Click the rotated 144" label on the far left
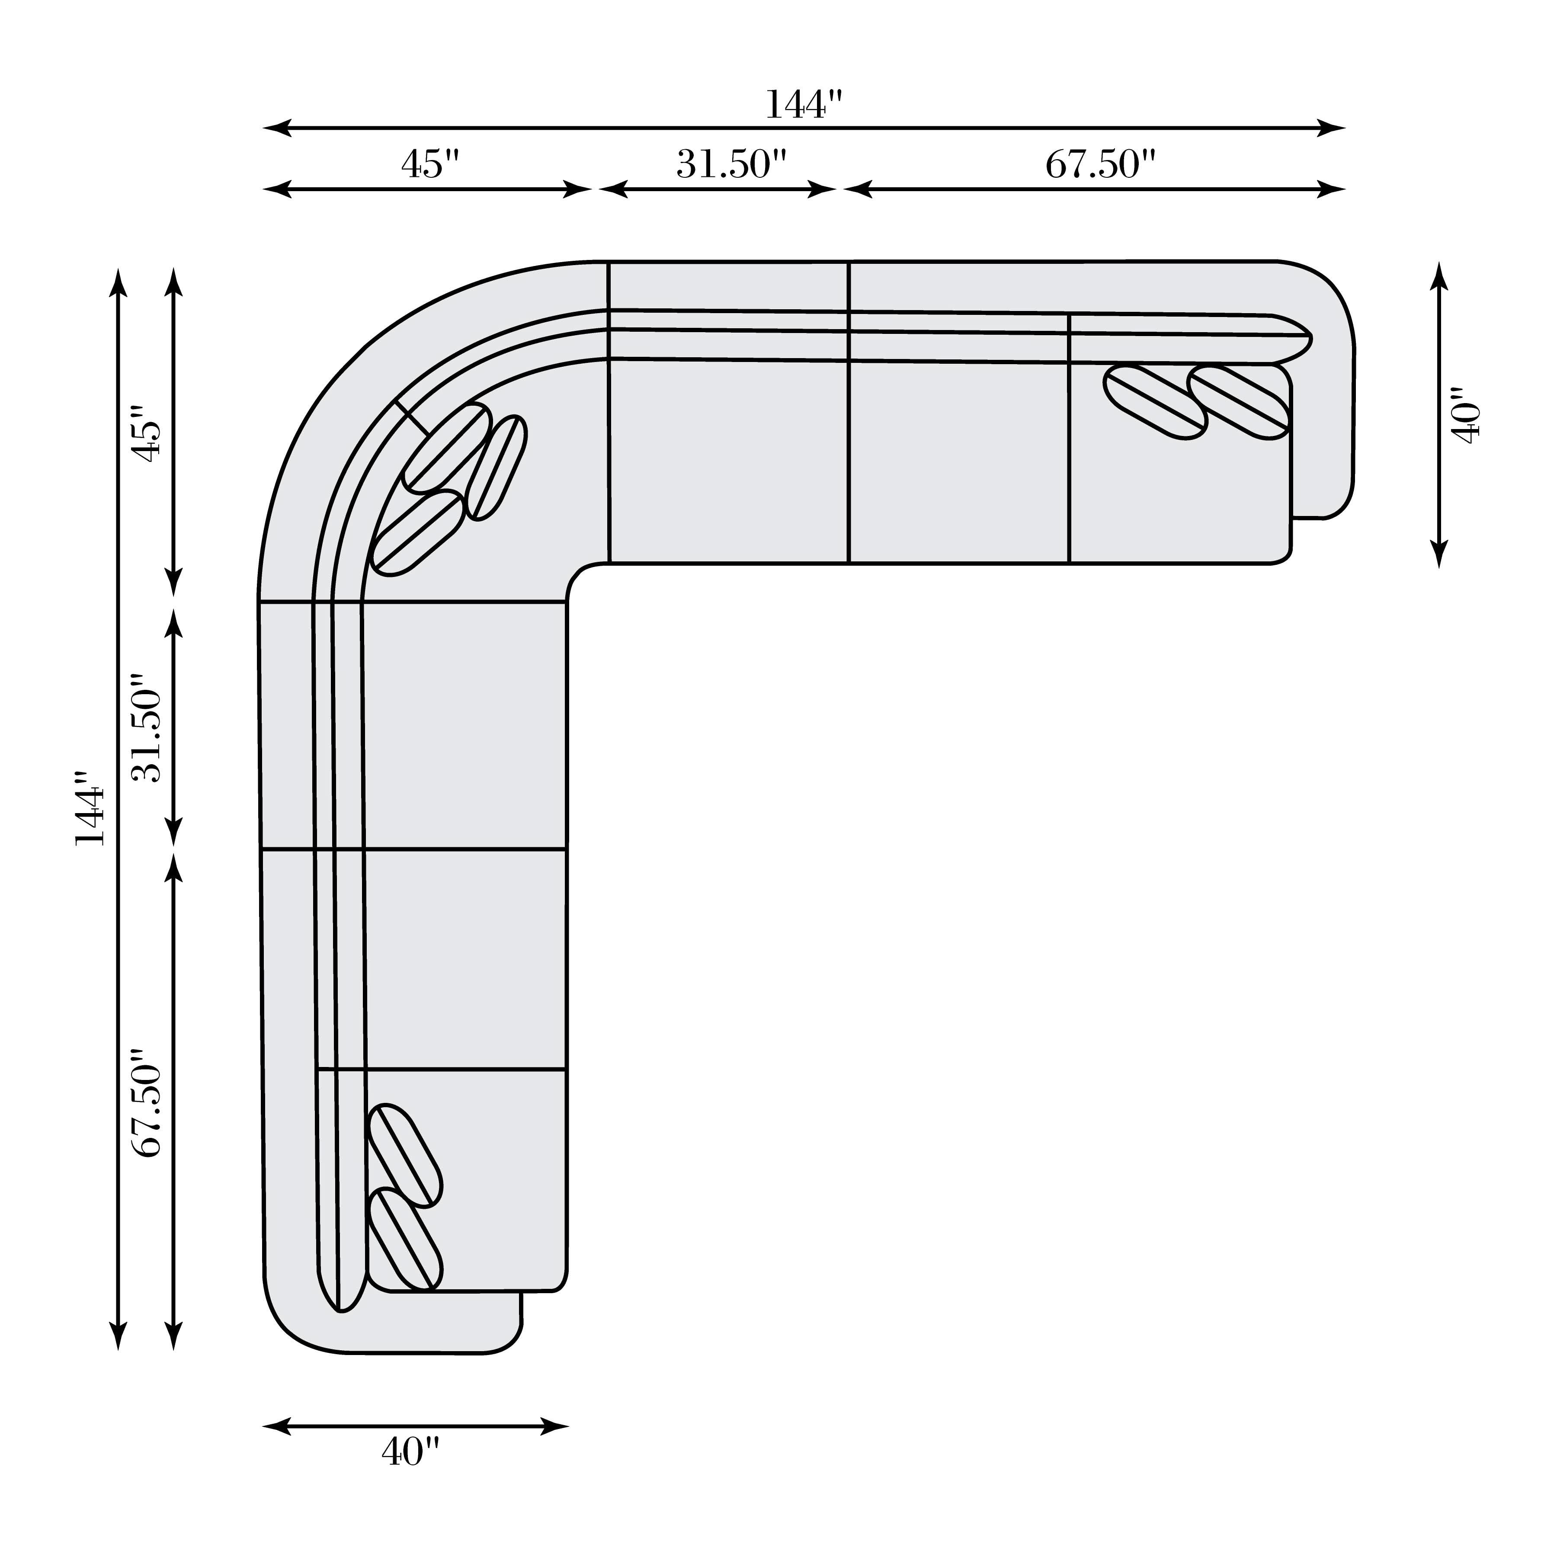90,808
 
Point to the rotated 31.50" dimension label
148,728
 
